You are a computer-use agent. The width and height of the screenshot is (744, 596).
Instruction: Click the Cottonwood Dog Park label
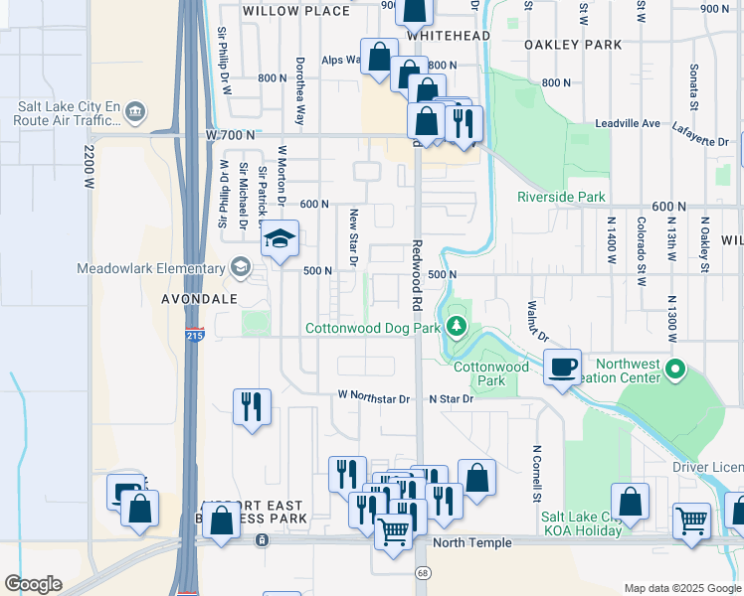click(371, 328)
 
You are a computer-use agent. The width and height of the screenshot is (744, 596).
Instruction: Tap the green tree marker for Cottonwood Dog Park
click(457, 326)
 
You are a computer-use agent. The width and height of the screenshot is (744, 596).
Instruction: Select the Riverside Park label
click(561, 197)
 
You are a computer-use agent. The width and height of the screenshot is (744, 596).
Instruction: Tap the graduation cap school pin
click(281, 239)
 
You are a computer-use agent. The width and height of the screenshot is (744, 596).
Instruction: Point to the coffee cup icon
click(562, 367)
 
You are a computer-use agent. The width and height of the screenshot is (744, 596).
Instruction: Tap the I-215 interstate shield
click(195, 336)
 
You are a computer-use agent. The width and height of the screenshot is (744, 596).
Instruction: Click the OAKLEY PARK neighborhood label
click(574, 45)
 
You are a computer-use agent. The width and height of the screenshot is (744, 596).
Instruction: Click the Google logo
click(33, 584)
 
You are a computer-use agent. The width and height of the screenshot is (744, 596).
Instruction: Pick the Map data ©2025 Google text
click(681, 588)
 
